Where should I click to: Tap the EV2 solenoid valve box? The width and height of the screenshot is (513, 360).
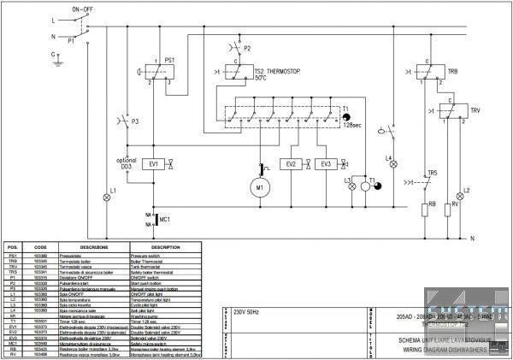pos(292,162)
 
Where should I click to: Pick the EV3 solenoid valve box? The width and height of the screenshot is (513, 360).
pos(326,162)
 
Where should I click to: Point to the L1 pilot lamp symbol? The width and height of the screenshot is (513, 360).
pos(107,197)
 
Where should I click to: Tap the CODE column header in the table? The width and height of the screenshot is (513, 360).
pos(39,246)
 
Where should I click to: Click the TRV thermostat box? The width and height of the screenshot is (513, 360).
pos(446,110)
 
